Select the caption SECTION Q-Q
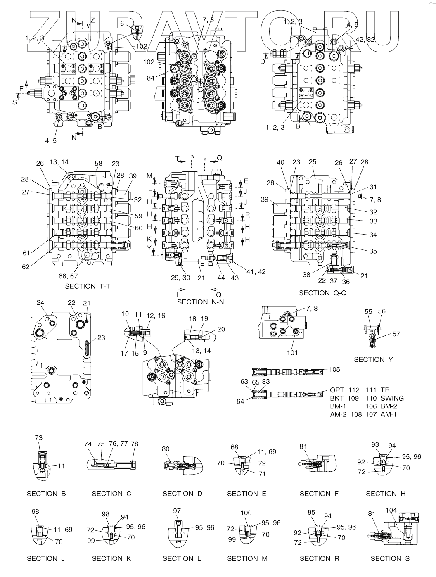click(x=320, y=293)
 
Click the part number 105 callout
click(x=334, y=369)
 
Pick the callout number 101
click(x=292, y=352)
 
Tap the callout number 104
click(x=391, y=510)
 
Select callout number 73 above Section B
click(x=38, y=438)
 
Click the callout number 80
click(x=166, y=449)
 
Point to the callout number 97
click(x=177, y=511)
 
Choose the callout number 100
click(x=246, y=513)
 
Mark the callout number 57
click(x=396, y=334)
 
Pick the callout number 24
click(x=40, y=303)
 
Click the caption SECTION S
click(x=390, y=558)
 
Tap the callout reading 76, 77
click(x=118, y=444)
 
